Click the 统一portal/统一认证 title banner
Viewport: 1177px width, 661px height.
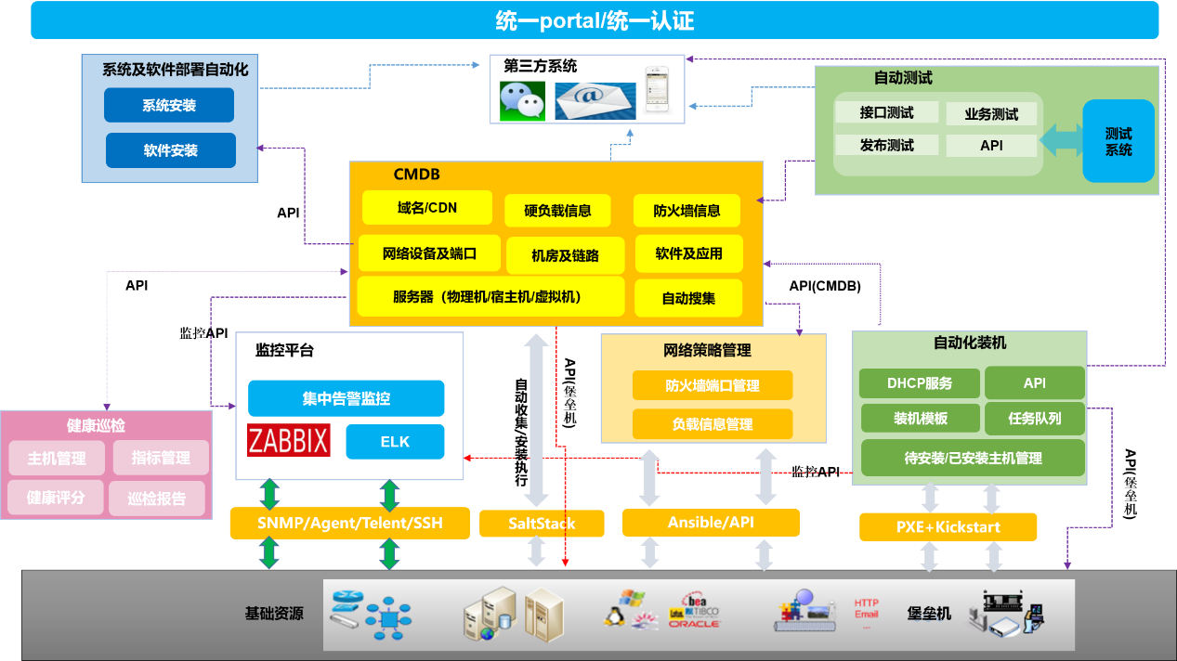pyautogui.click(x=595, y=20)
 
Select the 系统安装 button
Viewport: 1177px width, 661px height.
pyautogui.click(x=169, y=106)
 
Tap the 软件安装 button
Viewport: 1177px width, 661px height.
pyautogui.click(x=171, y=150)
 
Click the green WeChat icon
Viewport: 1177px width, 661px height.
pyautogui.click(x=522, y=100)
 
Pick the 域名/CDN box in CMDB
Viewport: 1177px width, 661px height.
pyautogui.click(x=427, y=208)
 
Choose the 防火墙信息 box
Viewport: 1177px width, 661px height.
pyautogui.click(x=687, y=211)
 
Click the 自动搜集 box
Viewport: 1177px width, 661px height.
pyautogui.click(x=688, y=299)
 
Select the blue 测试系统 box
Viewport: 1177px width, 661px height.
pyautogui.click(x=1118, y=141)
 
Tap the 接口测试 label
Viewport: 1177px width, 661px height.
pyautogui.click(x=886, y=113)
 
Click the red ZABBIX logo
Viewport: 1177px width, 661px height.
pyautogui.click(x=289, y=440)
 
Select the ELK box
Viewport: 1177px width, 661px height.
pyautogui.click(x=395, y=442)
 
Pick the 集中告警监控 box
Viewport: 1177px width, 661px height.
pyautogui.click(x=346, y=398)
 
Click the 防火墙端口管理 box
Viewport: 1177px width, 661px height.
pyautogui.click(x=713, y=385)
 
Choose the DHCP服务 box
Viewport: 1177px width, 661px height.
pyautogui.click(x=919, y=382)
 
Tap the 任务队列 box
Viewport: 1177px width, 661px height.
pyautogui.click(x=1034, y=419)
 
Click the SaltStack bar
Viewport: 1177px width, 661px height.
pyautogui.click(x=542, y=524)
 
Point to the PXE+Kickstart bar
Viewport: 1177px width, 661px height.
pyautogui.click(x=948, y=527)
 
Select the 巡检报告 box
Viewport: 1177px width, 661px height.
pyautogui.click(x=157, y=499)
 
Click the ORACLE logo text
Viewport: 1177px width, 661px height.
pyautogui.click(x=694, y=623)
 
